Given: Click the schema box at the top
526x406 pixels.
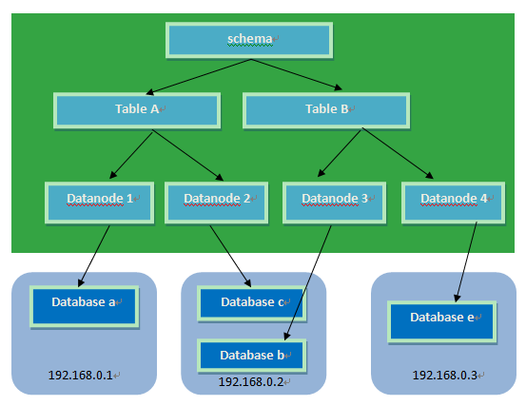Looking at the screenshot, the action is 249,40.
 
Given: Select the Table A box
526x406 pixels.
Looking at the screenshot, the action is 137,110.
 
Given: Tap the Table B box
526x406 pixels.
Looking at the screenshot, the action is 326,110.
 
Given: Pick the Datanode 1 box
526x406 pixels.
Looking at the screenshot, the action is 100,203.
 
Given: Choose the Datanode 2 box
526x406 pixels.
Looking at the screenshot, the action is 216,203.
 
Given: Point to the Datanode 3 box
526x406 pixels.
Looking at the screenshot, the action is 335,203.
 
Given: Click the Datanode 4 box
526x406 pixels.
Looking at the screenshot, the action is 453,203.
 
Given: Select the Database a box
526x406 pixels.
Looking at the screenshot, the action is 85,306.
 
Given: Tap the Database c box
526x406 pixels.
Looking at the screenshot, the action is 252,303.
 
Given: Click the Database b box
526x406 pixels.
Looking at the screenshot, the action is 252,356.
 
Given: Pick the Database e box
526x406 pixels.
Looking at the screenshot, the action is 441,321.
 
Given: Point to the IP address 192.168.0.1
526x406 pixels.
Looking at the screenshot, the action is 81,376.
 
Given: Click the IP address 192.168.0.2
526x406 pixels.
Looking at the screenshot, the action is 251,382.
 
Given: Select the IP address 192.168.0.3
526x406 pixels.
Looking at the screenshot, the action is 445,376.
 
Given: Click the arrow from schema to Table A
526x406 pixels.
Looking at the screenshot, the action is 199,77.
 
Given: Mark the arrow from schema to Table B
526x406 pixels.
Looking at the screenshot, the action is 297,74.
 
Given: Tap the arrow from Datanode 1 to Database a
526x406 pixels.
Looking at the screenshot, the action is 94,256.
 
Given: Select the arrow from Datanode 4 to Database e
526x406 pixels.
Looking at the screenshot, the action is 467,261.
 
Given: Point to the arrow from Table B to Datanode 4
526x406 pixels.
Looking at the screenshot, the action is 398,153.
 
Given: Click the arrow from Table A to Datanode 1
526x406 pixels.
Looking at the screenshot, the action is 131,155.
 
